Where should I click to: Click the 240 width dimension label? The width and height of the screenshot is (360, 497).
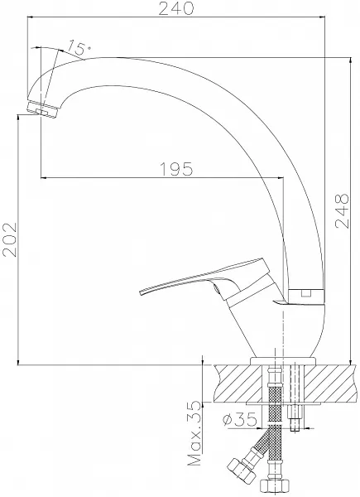(175, 8)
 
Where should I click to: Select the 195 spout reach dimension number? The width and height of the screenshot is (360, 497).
(176, 169)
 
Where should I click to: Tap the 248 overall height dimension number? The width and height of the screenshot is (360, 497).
(342, 210)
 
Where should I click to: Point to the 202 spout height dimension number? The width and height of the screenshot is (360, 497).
(9, 239)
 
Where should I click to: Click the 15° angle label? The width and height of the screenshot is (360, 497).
(79, 47)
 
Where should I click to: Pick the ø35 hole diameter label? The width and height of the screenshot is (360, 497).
(239, 419)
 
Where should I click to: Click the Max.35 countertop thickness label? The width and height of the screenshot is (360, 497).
(194, 433)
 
